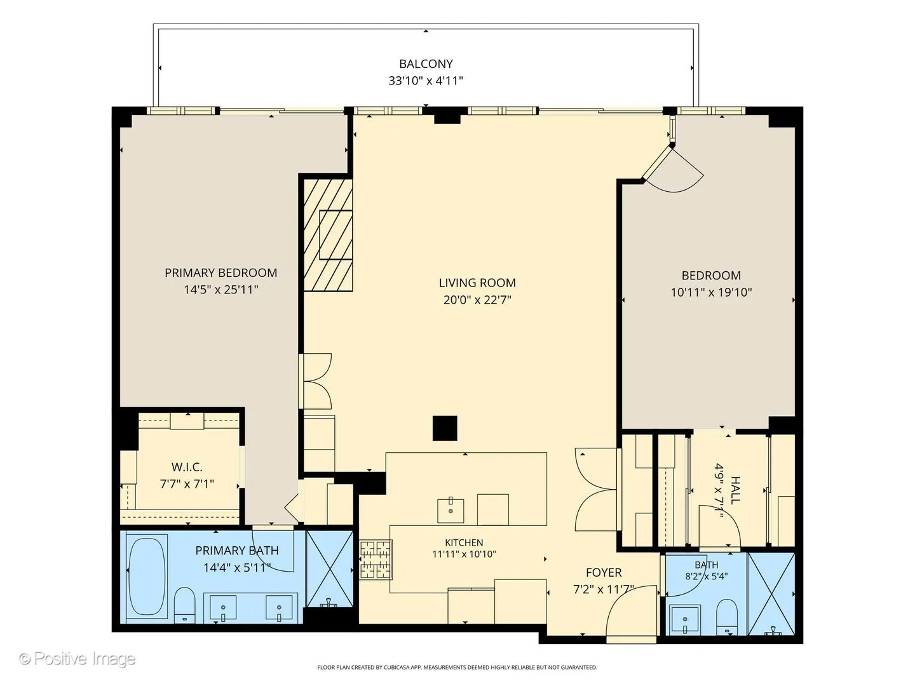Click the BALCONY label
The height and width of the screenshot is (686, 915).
click(x=426, y=64)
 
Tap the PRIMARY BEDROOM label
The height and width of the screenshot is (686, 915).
click(x=221, y=273)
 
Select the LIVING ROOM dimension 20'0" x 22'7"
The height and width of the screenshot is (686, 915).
click(x=477, y=300)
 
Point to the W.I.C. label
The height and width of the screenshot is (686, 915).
click(x=187, y=467)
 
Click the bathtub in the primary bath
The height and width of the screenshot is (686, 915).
click(x=147, y=576)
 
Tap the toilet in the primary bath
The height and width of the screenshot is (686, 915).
click(x=184, y=605)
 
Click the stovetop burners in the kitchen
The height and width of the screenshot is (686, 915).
click(x=376, y=560)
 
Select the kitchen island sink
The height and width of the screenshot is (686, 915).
click(x=451, y=510)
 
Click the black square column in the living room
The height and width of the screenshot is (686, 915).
click(x=445, y=428)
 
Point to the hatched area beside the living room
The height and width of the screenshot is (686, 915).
click(x=328, y=235)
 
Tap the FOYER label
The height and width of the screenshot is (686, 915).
click(x=604, y=573)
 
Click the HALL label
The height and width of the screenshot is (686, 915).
click(x=735, y=490)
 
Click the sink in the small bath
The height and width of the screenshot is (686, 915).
click(x=684, y=620)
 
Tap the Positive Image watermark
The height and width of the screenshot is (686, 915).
click(x=78, y=659)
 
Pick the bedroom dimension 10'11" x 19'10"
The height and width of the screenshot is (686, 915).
click(x=711, y=292)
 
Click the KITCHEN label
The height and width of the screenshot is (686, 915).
click(x=464, y=542)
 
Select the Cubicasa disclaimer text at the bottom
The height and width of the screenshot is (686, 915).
click(x=457, y=667)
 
